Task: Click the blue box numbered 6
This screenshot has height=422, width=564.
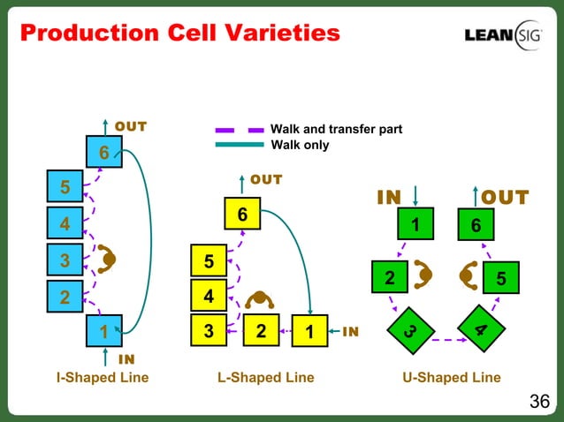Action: tap(104, 153)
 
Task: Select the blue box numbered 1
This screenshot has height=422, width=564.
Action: tap(104, 332)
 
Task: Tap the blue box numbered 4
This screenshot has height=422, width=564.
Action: tap(65, 224)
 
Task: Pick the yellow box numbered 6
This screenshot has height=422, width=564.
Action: tap(242, 215)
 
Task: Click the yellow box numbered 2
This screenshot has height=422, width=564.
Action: tap(261, 332)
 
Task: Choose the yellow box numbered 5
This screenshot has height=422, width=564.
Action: tap(209, 262)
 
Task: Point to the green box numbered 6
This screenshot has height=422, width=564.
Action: tap(476, 226)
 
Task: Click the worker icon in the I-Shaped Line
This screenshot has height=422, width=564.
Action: tap(110, 259)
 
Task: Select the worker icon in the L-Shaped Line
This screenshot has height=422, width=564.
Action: tap(261, 301)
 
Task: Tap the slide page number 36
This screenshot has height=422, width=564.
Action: tap(539, 403)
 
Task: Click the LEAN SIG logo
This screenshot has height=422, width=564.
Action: tap(503, 34)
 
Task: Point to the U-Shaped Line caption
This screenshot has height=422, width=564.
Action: tap(451, 378)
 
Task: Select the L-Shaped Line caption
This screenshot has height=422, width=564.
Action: tap(265, 378)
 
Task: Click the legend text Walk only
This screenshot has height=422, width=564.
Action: tap(300, 145)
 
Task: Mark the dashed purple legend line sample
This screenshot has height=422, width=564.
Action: tap(239, 130)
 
